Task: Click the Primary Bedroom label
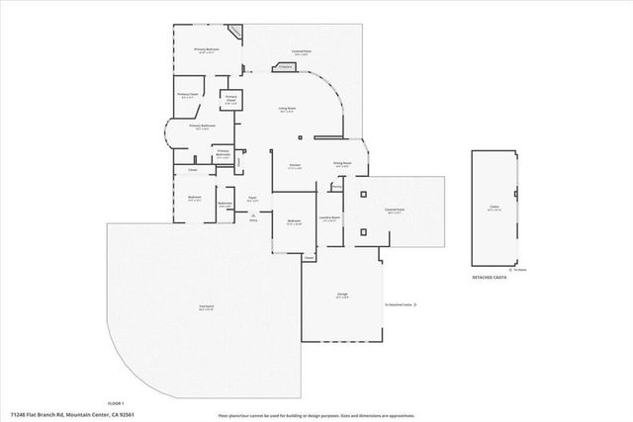(x=206, y=48)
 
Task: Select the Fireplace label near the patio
(x=285, y=68)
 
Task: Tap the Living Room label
(x=288, y=109)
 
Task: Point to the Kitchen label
(x=294, y=165)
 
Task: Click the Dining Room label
(x=343, y=165)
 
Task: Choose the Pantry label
(x=337, y=186)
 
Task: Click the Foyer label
(x=252, y=199)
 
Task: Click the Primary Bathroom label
(x=203, y=127)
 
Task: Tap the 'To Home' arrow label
(x=519, y=269)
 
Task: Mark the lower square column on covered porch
(x=364, y=232)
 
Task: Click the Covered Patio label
(x=302, y=52)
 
